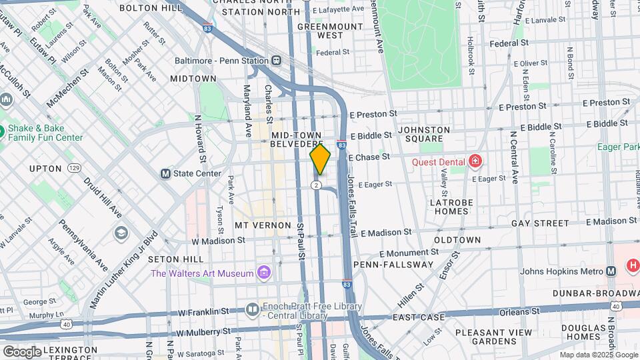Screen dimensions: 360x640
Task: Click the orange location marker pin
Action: pos(320,159)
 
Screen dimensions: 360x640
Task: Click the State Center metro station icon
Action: pos(165,173)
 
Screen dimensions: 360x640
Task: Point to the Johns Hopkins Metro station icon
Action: pos(611,271)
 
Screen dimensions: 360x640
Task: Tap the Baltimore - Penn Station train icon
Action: pos(275,61)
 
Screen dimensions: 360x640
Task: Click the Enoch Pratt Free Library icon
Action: pos(252,309)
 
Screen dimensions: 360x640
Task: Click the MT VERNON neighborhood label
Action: pos(263,225)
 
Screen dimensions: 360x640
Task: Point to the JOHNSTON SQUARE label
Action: pos(423,135)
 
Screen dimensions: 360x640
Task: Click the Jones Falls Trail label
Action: pos(353,194)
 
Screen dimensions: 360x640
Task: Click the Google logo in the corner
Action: pos(22,351)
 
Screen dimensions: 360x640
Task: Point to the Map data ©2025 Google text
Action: pos(598,355)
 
